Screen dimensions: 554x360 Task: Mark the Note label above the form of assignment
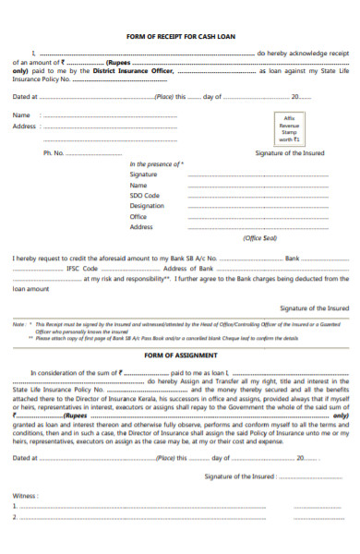point(18,325)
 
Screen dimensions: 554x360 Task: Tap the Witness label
point(25,495)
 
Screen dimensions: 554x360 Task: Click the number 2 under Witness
point(15,517)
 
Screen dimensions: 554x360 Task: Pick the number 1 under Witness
point(15,506)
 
